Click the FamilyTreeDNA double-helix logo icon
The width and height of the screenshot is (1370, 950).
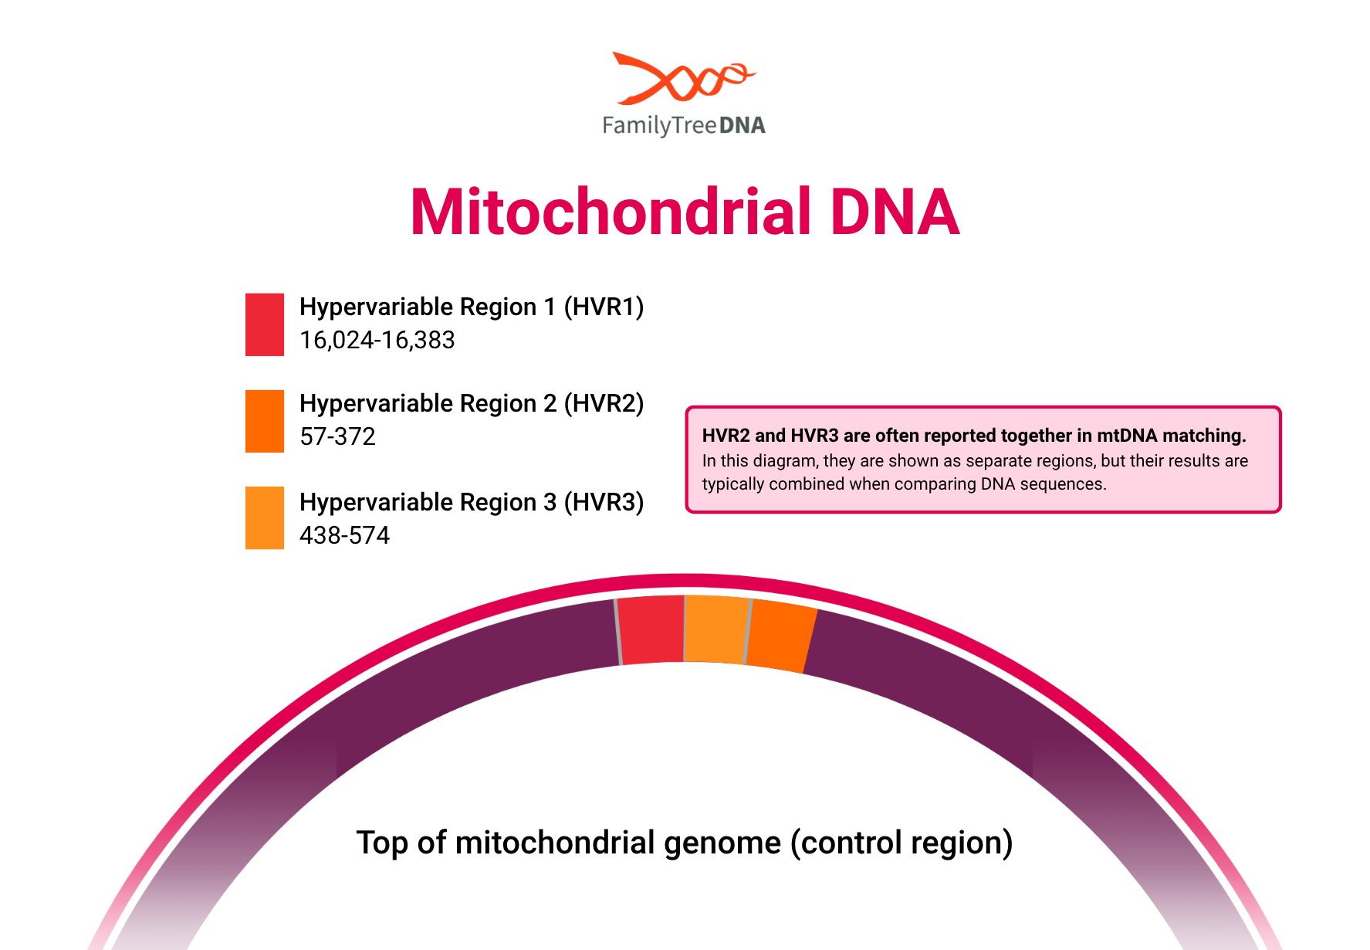(x=684, y=78)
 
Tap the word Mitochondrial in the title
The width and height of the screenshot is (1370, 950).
(x=611, y=212)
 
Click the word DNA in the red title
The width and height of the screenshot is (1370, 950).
(x=895, y=212)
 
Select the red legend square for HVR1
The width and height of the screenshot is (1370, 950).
(x=265, y=324)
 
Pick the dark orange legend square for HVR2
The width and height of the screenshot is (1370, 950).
(x=265, y=421)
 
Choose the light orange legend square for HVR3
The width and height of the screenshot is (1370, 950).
(x=265, y=517)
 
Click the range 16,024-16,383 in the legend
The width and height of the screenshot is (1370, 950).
(x=377, y=340)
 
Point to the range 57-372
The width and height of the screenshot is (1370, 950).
(x=337, y=436)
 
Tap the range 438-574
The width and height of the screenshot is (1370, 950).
(x=344, y=535)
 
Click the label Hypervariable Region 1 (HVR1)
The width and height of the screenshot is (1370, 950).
(x=472, y=307)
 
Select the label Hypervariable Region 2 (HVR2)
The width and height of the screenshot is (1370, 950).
(x=472, y=403)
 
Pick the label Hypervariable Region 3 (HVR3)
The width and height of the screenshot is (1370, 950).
(x=472, y=502)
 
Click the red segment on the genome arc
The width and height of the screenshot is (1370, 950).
(x=652, y=629)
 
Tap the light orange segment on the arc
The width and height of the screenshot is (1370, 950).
(x=716, y=629)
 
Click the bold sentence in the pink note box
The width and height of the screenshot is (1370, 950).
(x=974, y=436)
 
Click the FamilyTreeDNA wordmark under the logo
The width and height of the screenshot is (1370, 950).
(x=684, y=126)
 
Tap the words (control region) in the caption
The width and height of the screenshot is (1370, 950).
(x=901, y=843)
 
